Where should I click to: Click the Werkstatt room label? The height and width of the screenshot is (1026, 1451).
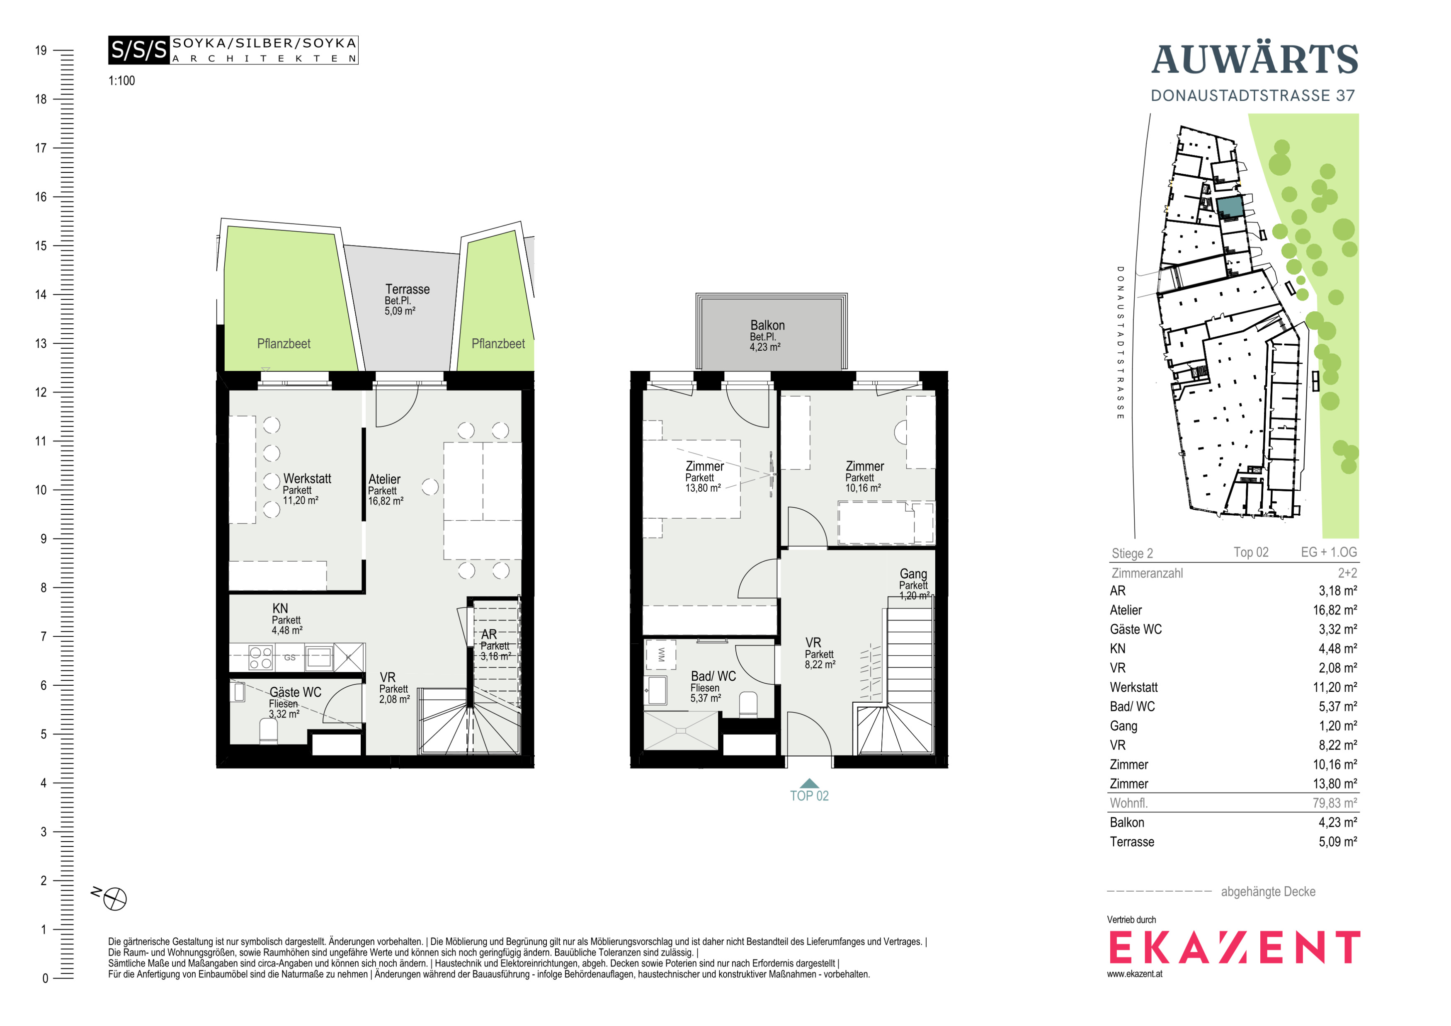pos(307,479)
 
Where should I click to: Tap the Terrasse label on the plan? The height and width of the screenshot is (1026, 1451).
pos(408,289)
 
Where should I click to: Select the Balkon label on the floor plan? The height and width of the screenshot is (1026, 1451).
pos(767,325)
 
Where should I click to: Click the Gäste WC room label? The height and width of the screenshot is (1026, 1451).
pos(295,692)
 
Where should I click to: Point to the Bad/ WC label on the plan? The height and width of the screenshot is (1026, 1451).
pos(713,677)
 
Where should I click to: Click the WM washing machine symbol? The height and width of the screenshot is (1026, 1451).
pos(661,655)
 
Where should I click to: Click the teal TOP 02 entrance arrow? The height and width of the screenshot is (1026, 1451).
pos(809,784)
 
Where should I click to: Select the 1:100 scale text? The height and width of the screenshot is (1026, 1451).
pos(121,81)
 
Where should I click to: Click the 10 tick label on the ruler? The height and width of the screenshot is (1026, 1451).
pos(41,490)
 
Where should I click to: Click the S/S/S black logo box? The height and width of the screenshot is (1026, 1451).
pos(139,50)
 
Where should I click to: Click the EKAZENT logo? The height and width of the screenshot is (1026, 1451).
pos(1234,947)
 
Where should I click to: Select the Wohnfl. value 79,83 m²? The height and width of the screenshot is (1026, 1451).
pos(1335,803)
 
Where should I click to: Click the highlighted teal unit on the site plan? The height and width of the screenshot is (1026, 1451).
pos(1230,206)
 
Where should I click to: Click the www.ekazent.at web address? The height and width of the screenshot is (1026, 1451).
pos(1134,974)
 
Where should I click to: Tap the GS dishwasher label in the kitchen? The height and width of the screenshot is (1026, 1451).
pos(289,657)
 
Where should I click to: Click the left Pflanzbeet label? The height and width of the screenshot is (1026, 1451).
pos(284,344)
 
